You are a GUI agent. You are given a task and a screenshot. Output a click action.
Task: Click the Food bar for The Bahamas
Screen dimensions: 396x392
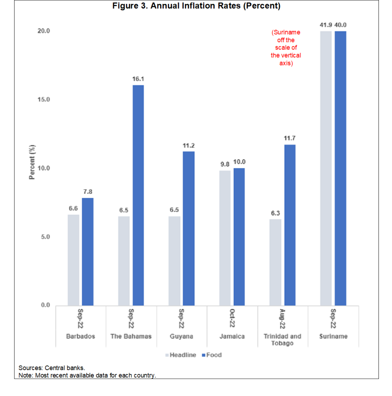pyautogui.click(x=138, y=195)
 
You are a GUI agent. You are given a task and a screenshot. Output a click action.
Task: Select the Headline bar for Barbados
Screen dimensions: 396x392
pyautogui.click(x=73, y=260)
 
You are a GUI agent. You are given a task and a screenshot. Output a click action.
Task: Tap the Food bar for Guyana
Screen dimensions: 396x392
pyautogui.click(x=188, y=228)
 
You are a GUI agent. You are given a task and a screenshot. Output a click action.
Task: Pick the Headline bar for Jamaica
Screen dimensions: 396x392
pyautogui.click(x=225, y=238)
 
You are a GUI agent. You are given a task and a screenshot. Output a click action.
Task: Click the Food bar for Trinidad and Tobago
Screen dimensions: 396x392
pyautogui.click(x=289, y=225)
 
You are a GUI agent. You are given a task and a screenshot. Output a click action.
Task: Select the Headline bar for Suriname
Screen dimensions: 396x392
pyautogui.click(x=326, y=168)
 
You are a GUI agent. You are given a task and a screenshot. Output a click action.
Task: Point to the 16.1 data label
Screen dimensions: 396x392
pyautogui.click(x=138, y=79)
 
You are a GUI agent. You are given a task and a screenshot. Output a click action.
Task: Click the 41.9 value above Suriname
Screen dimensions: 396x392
pyautogui.click(x=326, y=25)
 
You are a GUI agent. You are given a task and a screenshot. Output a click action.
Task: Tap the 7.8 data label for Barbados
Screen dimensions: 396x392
pyautogui.click(x=87, y=191)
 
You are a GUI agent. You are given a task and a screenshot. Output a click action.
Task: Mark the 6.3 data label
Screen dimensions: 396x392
pyautogui.click(x=275, y=213)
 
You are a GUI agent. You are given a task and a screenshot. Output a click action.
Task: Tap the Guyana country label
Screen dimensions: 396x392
pyautogui.click(x=181, y=336)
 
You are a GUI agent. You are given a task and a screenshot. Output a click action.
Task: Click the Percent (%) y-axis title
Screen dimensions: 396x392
pyautogui.click(x=33, y=162)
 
